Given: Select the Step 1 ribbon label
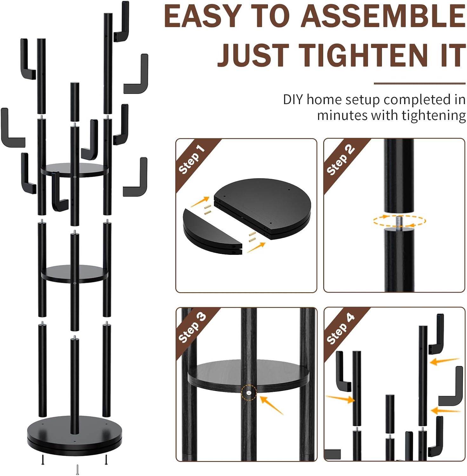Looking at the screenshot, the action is coord(191,159).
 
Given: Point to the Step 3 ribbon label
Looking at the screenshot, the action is coord(192,327).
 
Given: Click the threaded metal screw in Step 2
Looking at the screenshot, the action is coord(399,221).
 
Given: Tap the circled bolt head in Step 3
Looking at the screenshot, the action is coord(249,393).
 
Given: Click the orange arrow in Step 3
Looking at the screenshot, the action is coord(271,405).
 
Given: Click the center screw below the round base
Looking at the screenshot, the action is coord(77,469).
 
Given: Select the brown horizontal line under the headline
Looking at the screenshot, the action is coord(419,83).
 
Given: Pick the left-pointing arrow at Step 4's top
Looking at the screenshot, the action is coord(444,361).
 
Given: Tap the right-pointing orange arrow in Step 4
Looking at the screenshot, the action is coord(340,399).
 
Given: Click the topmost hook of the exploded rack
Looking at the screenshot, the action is coord(122,22).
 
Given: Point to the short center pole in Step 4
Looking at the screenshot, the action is coord(390,413).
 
